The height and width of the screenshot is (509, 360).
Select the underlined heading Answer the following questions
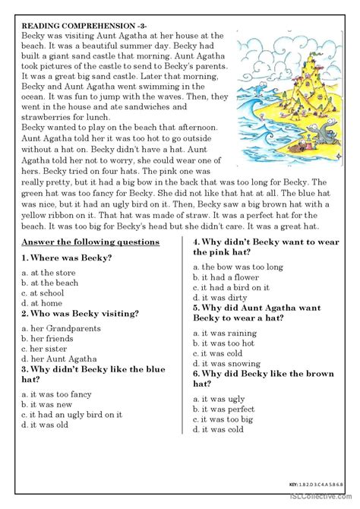(x=90, y=242)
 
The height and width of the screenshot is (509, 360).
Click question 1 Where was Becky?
(x=68, y=258)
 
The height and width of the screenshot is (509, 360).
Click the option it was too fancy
(x=58, y=394)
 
